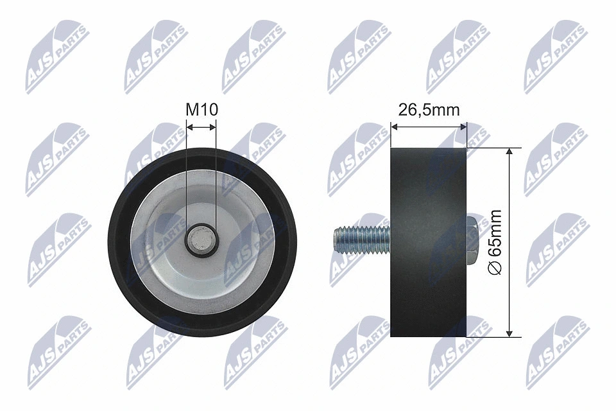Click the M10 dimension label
point(201,110)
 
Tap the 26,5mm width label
point(429,110)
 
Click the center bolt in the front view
point(201,241)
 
